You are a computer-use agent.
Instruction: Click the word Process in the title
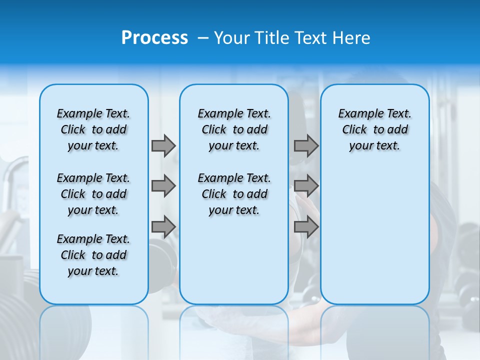pos(154,38)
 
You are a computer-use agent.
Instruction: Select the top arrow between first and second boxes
pos(163,145)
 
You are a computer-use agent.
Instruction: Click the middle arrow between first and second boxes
pos(163,186)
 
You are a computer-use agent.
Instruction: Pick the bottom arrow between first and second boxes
pos(163,227)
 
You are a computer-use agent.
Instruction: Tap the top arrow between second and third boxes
pos(306,145)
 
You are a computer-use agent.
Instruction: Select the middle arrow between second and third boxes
pos(306,186)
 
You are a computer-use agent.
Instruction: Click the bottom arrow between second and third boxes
pos(306,227)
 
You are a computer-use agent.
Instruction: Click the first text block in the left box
pos(93,129)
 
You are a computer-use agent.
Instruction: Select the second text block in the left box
pos(93,194)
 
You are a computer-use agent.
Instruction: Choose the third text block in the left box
pos(93,255)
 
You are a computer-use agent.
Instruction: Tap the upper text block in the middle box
pos(234,129)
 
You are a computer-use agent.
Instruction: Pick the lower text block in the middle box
pos(234,194)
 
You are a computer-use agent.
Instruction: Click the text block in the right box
pos(374,129)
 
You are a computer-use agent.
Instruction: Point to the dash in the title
pos(203,38)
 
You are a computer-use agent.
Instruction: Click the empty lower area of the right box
pos(374,235)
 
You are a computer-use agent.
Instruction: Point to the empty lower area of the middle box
pos(234,260)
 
